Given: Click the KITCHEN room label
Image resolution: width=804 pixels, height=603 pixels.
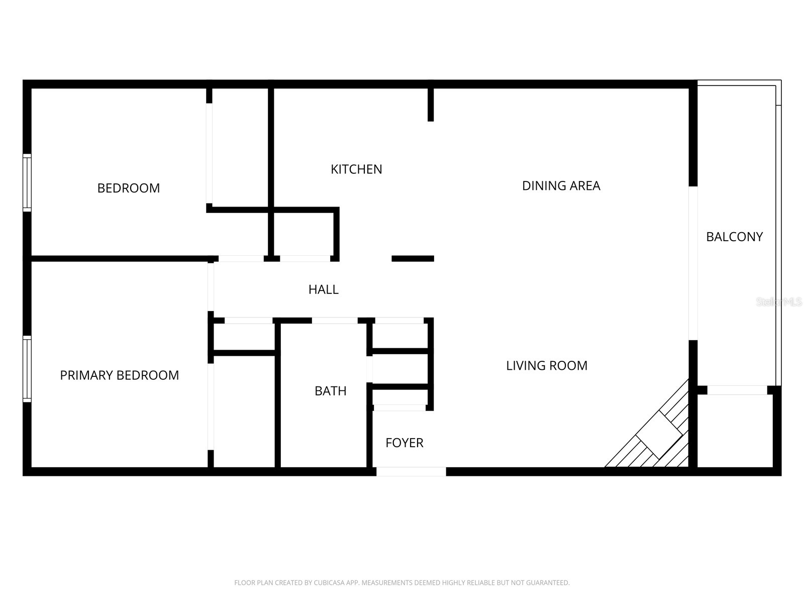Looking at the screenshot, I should [356, 169].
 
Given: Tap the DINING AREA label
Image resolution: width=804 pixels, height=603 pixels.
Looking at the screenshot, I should [561, 186].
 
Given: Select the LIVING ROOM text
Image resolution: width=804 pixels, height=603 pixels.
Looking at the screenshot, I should [546, 366].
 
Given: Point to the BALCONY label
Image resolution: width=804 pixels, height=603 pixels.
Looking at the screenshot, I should [734, 237].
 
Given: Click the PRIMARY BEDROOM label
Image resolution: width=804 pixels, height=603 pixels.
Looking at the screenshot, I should [119, 375].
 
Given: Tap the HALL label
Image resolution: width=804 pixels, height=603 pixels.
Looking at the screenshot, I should [323, 289].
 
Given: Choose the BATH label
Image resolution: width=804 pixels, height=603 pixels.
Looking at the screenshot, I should [330, 391].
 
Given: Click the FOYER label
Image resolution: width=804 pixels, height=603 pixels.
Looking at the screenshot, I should [404, 443].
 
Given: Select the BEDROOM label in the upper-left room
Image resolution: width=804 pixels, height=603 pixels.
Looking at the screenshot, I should [128, 188].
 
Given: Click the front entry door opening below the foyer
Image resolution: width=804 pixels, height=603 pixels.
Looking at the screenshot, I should [411, 471].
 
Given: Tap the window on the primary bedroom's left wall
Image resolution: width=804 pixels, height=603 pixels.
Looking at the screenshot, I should [27, 369].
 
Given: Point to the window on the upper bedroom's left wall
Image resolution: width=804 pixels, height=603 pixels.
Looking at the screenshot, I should [27, 182].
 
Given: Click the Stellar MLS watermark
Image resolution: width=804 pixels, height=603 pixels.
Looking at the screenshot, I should [779, 302].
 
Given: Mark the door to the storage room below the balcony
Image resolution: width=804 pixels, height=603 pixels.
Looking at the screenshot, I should [737, 390].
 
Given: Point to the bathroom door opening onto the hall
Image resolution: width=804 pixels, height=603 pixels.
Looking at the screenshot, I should [334, 321].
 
